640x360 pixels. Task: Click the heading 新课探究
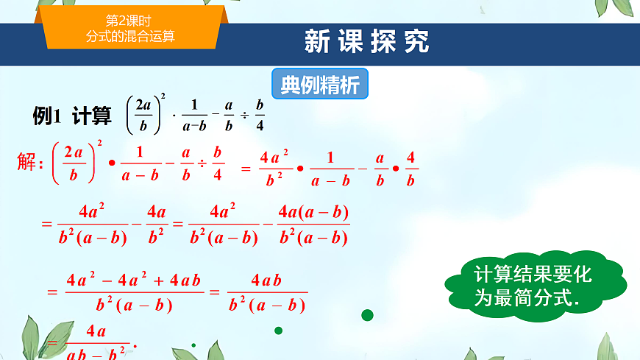click(367, 42)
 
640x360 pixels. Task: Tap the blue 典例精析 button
click(320, 85)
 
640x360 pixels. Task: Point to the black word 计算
click(92, 116)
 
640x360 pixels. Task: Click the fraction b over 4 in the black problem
click(259, 116)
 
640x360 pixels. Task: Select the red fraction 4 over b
click(411, 169)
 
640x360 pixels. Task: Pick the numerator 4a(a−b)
click(314, 213)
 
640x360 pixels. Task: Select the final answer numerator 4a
click(96, 331)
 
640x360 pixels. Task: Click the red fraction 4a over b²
click(156, 225)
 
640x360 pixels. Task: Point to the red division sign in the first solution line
click(201, 163)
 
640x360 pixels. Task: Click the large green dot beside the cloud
click(367, 315)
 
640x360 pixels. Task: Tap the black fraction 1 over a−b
click(193, 116)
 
